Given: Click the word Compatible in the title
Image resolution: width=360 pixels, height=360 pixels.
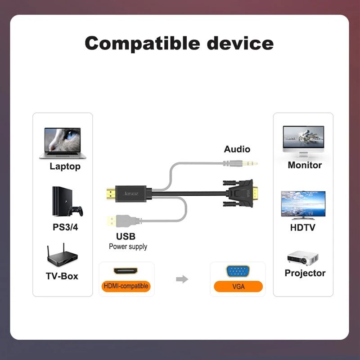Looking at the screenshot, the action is [x=142, y=44].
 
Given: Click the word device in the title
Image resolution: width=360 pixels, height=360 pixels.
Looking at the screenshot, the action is [x=240, y=43].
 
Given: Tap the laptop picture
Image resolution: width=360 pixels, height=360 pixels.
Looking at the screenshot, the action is [x=63, y=143].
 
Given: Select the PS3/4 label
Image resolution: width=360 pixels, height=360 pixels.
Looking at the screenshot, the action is [x=65, y=227].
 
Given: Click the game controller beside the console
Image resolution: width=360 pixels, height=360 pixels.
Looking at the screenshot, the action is [x=76, y=211].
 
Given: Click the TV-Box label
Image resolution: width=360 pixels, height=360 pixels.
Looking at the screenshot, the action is [x=62, y=276].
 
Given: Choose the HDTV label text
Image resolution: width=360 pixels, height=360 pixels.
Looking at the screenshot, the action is [x=302, y=228].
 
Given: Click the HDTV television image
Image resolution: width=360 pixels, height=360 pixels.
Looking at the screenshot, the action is [x=303, y=205].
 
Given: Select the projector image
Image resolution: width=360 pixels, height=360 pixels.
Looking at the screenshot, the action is [x=302, y=258].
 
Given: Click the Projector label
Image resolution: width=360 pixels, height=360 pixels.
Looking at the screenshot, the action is [x=305, y=273].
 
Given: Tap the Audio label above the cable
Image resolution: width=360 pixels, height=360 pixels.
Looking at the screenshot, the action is [x=237, y=149].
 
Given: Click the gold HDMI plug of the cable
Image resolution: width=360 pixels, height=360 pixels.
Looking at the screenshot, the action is [x=111, y=194].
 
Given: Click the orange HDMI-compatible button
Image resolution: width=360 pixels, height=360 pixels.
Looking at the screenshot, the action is [x=126, y=286].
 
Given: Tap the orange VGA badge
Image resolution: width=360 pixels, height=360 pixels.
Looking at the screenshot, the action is [x=238, y=286].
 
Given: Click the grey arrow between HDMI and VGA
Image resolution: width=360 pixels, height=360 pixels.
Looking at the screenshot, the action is [x=182, y=279].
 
